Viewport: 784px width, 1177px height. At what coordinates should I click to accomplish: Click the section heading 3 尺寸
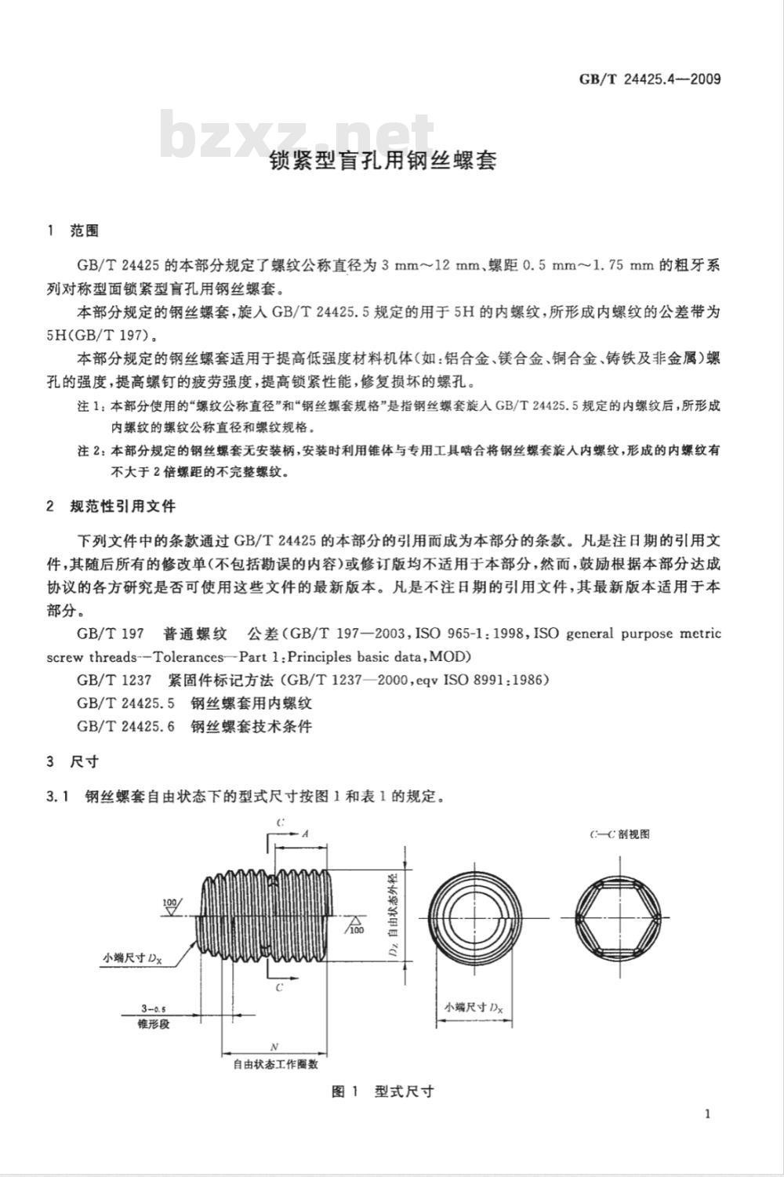(x=72, y=761)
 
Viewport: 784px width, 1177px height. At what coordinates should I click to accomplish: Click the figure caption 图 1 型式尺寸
(x=383, y=1092)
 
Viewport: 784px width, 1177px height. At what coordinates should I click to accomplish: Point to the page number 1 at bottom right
(x=708, y=1114)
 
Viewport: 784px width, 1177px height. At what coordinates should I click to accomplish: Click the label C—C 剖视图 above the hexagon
(x=619, y=834)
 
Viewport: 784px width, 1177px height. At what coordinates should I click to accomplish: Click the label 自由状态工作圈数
(x=274, y=1065)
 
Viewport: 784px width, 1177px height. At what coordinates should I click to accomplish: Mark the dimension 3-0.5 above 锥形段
(x=148, y=1008)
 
